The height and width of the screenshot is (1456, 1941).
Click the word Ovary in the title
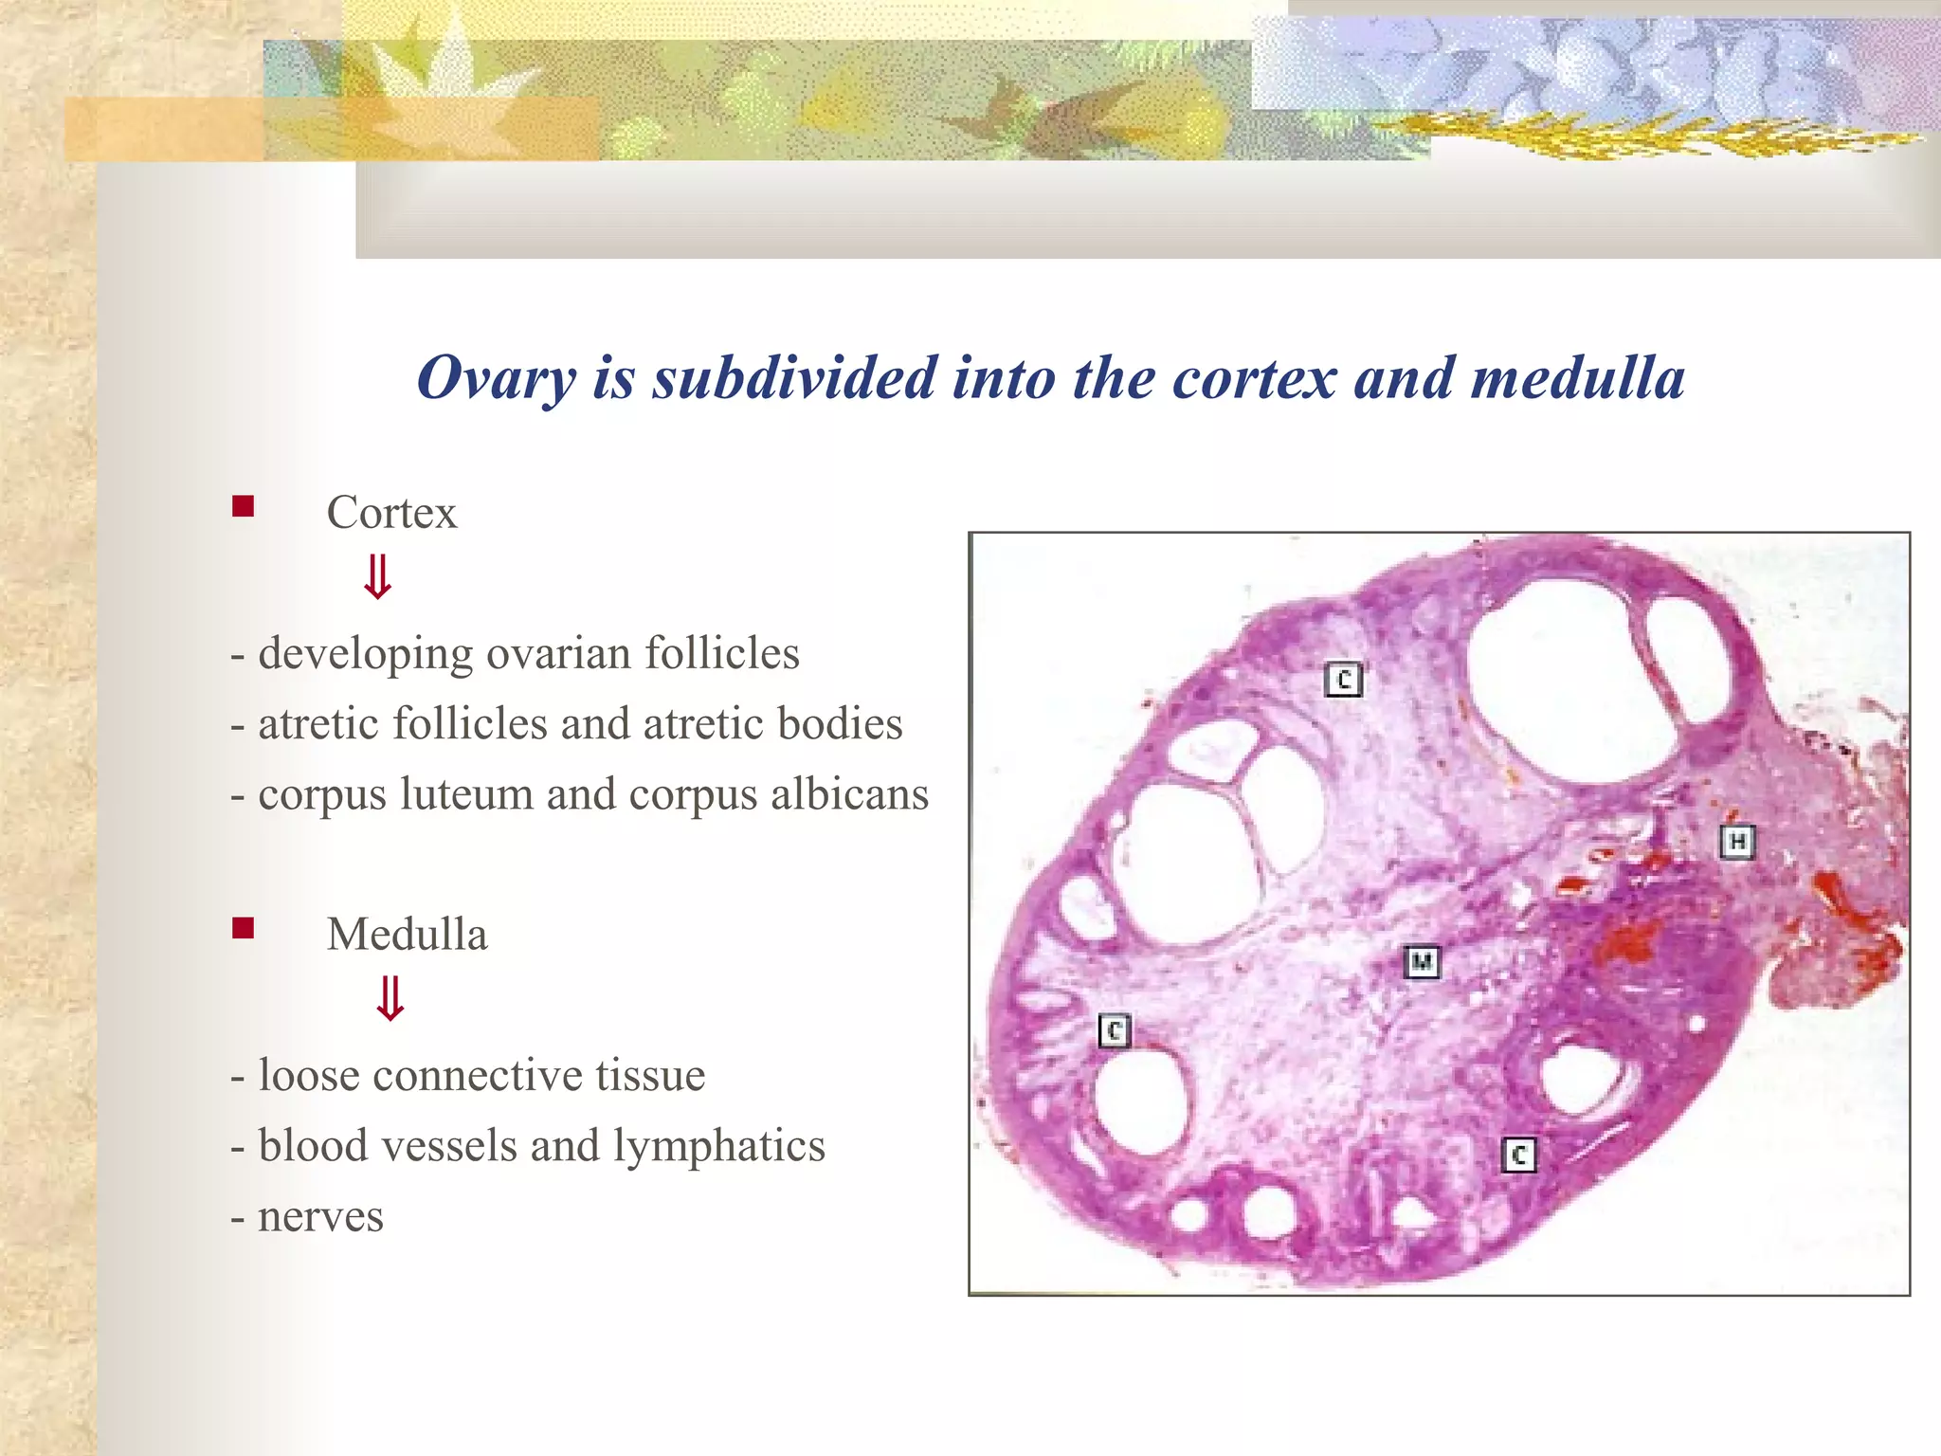(496, 379)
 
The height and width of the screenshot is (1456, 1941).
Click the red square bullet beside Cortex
(243, 506)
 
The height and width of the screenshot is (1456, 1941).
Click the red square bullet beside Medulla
(243, 927)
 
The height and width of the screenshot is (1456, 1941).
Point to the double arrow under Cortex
(378, 577)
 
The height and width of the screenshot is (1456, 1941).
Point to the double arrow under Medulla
(390, 999)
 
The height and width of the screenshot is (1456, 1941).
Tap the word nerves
(320, 1217)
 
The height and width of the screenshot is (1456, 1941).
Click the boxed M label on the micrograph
(1422, 962)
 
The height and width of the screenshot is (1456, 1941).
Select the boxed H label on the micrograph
(1737, 842)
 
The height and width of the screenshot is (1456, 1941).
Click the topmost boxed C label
(1343, 680)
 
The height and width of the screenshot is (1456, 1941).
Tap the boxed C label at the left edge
(1115, 1030)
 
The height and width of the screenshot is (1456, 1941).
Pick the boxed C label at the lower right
(1519, 1156)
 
